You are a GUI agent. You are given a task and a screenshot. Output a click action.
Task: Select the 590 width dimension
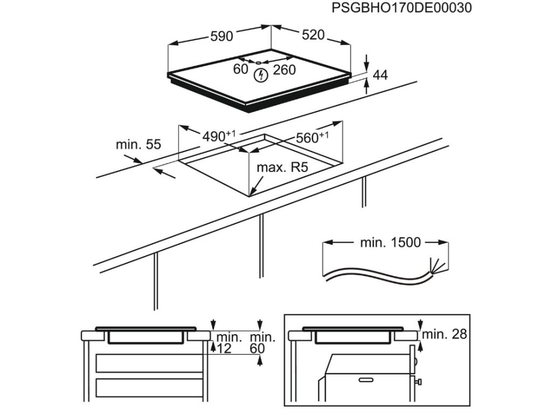[x=222, y=36]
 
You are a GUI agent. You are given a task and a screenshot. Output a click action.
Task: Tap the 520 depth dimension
[x=313, y=35]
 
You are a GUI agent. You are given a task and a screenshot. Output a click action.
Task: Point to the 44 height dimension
[x=381, y=75]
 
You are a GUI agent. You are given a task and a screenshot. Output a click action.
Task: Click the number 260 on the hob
[x=284, y=70]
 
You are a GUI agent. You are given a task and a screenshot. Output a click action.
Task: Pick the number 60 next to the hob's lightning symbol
[x=240, y=69]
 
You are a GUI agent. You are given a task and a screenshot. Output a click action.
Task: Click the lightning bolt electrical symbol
[x=261, y=75]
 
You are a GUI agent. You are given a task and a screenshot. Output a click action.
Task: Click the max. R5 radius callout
[x=282, y=168]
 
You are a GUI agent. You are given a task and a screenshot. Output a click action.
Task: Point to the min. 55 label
[x=139, y=144]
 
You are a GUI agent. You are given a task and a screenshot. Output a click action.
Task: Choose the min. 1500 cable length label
[x=390, y=243]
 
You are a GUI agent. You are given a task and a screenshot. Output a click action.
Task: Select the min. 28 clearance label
[x=445, y=334]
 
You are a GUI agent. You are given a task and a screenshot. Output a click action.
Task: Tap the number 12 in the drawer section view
[x=224, y=349]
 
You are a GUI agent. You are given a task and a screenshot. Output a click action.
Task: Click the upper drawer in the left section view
[x=150, y=363]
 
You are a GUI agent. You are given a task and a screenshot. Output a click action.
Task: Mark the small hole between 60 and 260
[x=259, y=63]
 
